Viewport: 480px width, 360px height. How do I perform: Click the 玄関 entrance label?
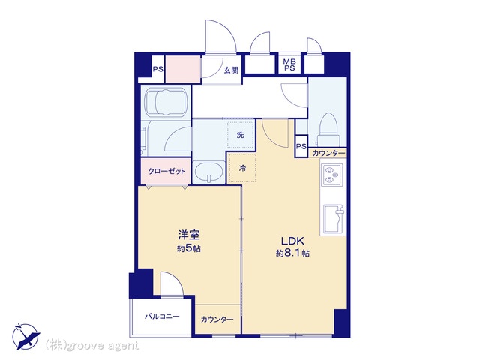[231, 70]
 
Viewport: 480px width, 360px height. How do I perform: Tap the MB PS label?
[289, 65]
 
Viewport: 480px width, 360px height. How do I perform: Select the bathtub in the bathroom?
[165, 102]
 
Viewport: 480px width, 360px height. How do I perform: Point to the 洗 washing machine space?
[241, 135]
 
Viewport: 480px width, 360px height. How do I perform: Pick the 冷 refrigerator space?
[242, 168]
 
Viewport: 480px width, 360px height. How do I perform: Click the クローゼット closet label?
[166, 171]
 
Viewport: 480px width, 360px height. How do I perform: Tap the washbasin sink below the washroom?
[209, 172]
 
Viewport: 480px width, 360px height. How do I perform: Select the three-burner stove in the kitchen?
[331, 175]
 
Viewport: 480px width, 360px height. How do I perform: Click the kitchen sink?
[334, 219]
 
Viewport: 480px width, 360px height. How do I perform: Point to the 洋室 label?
[189, 235]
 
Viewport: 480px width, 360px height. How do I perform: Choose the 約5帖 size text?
[189, 248]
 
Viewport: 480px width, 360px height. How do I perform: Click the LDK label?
[292, 241]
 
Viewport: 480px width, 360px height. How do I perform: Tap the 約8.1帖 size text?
[292, 253]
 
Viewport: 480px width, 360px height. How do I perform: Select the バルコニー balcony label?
[162, 316]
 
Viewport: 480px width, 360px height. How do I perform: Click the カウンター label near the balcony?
[217, 319]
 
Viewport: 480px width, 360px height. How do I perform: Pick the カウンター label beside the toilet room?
[328, 153]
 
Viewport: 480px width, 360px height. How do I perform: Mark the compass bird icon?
[25, 336]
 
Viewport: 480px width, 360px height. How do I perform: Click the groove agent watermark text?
[92, 346]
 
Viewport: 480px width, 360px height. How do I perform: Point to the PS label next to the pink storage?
[158, 69]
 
